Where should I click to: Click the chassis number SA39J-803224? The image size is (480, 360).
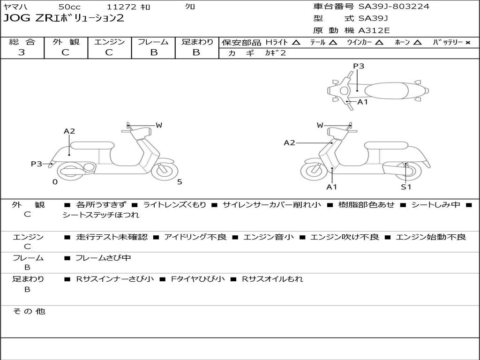tap(394, 7)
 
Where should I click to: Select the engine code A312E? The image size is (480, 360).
tap(374, 31)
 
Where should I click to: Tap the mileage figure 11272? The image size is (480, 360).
tap(121, 7)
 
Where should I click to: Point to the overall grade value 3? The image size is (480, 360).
tap(22, 52)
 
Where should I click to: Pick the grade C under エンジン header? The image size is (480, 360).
tap(109, 52)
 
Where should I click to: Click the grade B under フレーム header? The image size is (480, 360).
tap(153, 52)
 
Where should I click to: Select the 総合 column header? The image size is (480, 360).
tap(22, 42)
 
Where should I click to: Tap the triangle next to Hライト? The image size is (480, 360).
tap(296, 42)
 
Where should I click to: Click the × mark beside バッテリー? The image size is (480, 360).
tap(467, 42)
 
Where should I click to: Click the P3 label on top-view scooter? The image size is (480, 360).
tap(359, 66)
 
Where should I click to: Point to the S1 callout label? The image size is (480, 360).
tap(405, 187)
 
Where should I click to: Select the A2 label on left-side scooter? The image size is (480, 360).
tap(69, 131)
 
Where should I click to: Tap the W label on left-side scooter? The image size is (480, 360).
tap(159, 125)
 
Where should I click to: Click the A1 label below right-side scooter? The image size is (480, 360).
tap(332, 187)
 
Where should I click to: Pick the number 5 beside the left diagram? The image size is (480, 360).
tap(180, 182)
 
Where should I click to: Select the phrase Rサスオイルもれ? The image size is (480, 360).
tap(272, 279)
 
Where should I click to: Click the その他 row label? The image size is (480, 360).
tap(29, 311)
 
